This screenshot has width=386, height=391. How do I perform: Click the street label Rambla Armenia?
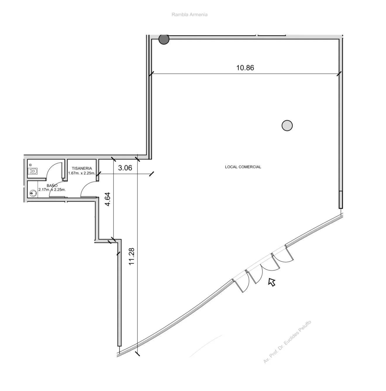pyautogui.click(x=189, y=15)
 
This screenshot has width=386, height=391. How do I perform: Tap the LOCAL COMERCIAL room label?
pyautogui.click(x=243, y=167)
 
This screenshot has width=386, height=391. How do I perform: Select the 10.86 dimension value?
pyautogui.click(x=245, y=68)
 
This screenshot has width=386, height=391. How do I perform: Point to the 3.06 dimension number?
pyautogui.click(x=125, y=168)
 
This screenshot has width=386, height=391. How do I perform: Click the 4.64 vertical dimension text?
pyautogui.click(x=108, y=199)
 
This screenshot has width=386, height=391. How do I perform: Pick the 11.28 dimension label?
pyautogui.click(x=132, y=257)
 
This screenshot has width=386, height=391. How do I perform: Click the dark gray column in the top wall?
pyautogui.click(x=164, y=39)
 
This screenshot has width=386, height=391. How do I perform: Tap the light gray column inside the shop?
pyautogui.click(x=287, y=126)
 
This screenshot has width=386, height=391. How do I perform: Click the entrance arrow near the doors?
pyautogui.click(x=272, y=282)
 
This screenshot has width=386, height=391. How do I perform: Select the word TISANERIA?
pyautogui.click(x=82, y=168)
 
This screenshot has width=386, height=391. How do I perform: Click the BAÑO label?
pyautogui.click(x=52, y=186)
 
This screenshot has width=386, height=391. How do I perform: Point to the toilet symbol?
pyautogui.click(x=33, y=171)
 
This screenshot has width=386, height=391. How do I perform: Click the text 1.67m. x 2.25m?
pyautogui.click(x=82, y=173)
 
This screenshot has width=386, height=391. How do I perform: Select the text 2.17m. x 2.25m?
pyautogui.click(x=52, y=190)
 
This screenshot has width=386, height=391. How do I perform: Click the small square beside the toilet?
pyautogui.click(x=30, y=165)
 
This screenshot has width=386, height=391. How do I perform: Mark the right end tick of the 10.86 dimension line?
pyautogui.click(x=339, y=74)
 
